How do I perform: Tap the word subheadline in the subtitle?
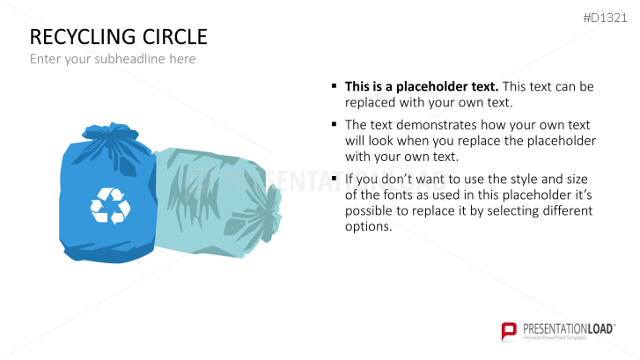(129, 59)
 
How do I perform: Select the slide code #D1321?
(605, 18)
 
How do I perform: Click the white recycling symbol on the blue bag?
(110, 206)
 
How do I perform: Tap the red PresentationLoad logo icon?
(509, 331)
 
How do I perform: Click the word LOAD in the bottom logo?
(600, 329)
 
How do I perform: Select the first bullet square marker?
(335, 85)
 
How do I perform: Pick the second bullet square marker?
(335, 124)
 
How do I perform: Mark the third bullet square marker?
(335, 178)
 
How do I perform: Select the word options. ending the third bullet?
(369, 227)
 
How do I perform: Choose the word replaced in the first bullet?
(371, 103)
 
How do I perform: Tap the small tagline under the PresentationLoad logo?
(555, 338)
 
